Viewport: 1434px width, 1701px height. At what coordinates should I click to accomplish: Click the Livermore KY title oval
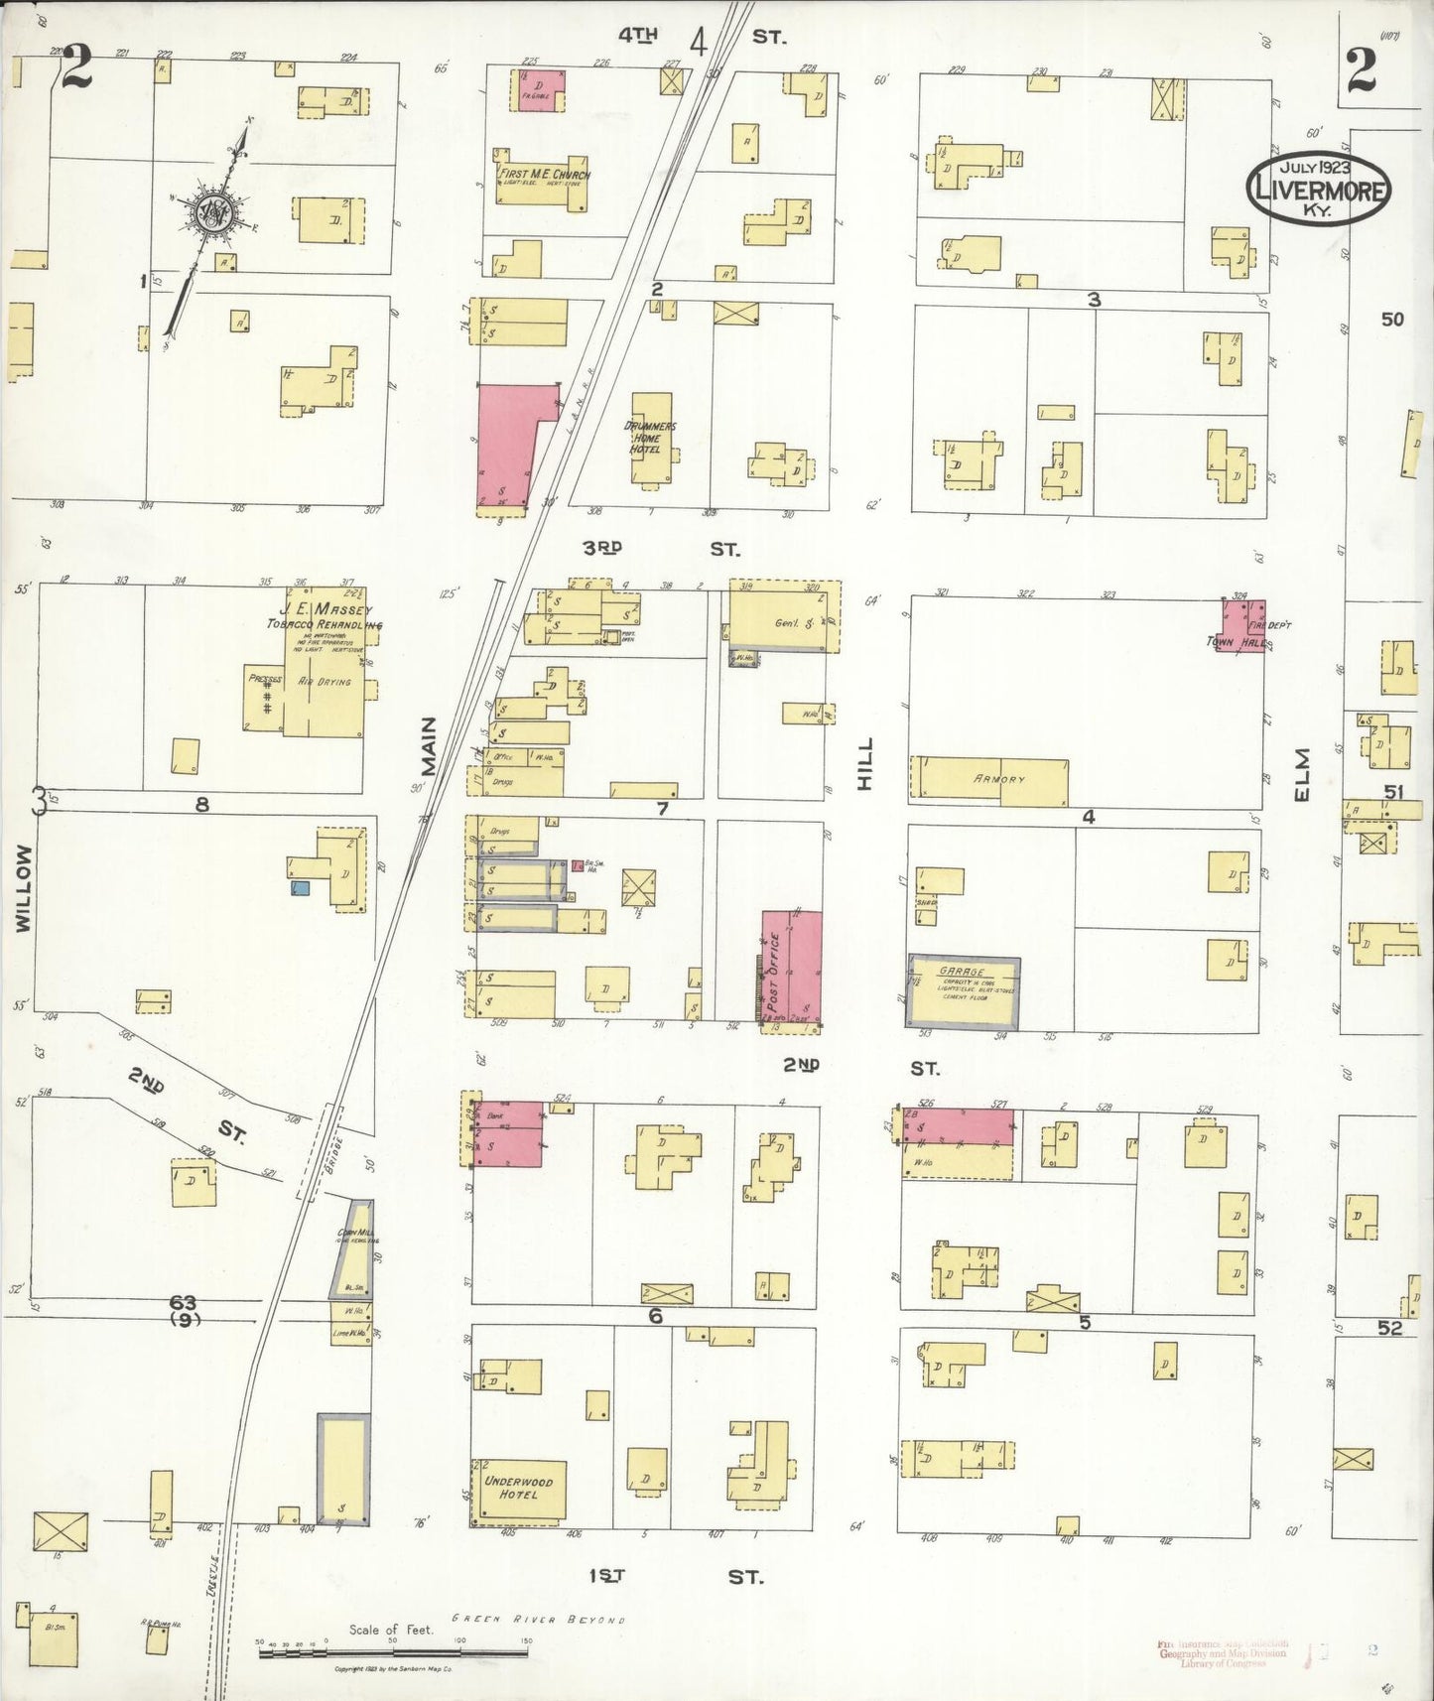[1318, 187]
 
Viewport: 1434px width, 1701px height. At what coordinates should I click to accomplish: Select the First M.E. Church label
[544, 175]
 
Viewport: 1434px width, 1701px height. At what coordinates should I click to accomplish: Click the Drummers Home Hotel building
[651, 438]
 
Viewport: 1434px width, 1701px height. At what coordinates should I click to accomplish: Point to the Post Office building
[791, 968]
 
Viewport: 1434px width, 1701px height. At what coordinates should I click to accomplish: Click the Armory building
[990, 779]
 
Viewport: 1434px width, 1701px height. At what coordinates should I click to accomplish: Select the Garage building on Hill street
[964, 991]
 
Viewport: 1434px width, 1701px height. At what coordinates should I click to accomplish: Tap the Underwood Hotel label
[518, 1488]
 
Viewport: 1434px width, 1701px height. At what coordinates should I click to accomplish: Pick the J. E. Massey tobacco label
[324, 617]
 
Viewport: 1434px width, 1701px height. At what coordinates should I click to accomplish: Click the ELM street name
[1303, 774]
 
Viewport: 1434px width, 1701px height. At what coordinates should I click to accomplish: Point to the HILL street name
[865, 763]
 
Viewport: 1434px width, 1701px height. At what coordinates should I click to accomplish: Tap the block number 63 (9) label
[183, 1310]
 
